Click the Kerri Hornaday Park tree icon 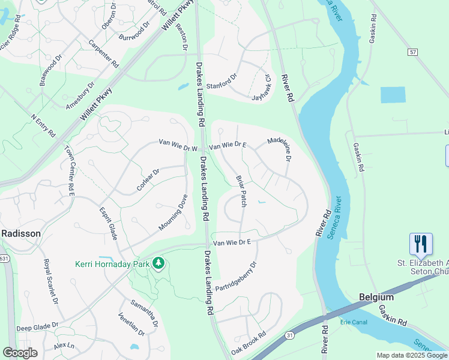(x=158, y=263)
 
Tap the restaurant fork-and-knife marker (x=420, y=244)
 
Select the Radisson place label (x=21, y=233)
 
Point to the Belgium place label (x=376, y=297)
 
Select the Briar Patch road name (x=241, y=191)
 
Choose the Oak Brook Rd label (x=248, y=343)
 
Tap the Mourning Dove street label (x=174, y=212)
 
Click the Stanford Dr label (x=222, y=81)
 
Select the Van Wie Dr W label (x=178, y=143)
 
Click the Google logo (x=20, y=352)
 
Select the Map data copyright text (x=412, y=355)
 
